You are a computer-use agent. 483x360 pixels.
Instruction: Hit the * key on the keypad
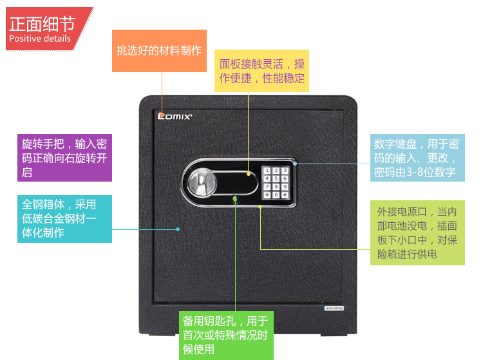click(267, 194)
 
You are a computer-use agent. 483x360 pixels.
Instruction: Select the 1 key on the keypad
click(267, 171)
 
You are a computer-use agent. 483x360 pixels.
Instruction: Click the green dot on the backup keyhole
click(235, 199)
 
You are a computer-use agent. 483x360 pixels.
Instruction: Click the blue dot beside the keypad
click(295, 163)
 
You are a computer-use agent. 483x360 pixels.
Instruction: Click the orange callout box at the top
click(158, 51)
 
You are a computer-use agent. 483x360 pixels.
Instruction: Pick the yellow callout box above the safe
click(262, 71)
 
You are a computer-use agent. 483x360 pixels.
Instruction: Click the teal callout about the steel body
click(64, 219)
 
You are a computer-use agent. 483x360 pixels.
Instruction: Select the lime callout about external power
click(417, 232)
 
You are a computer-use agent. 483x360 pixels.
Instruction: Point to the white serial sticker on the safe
click(334, 308)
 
